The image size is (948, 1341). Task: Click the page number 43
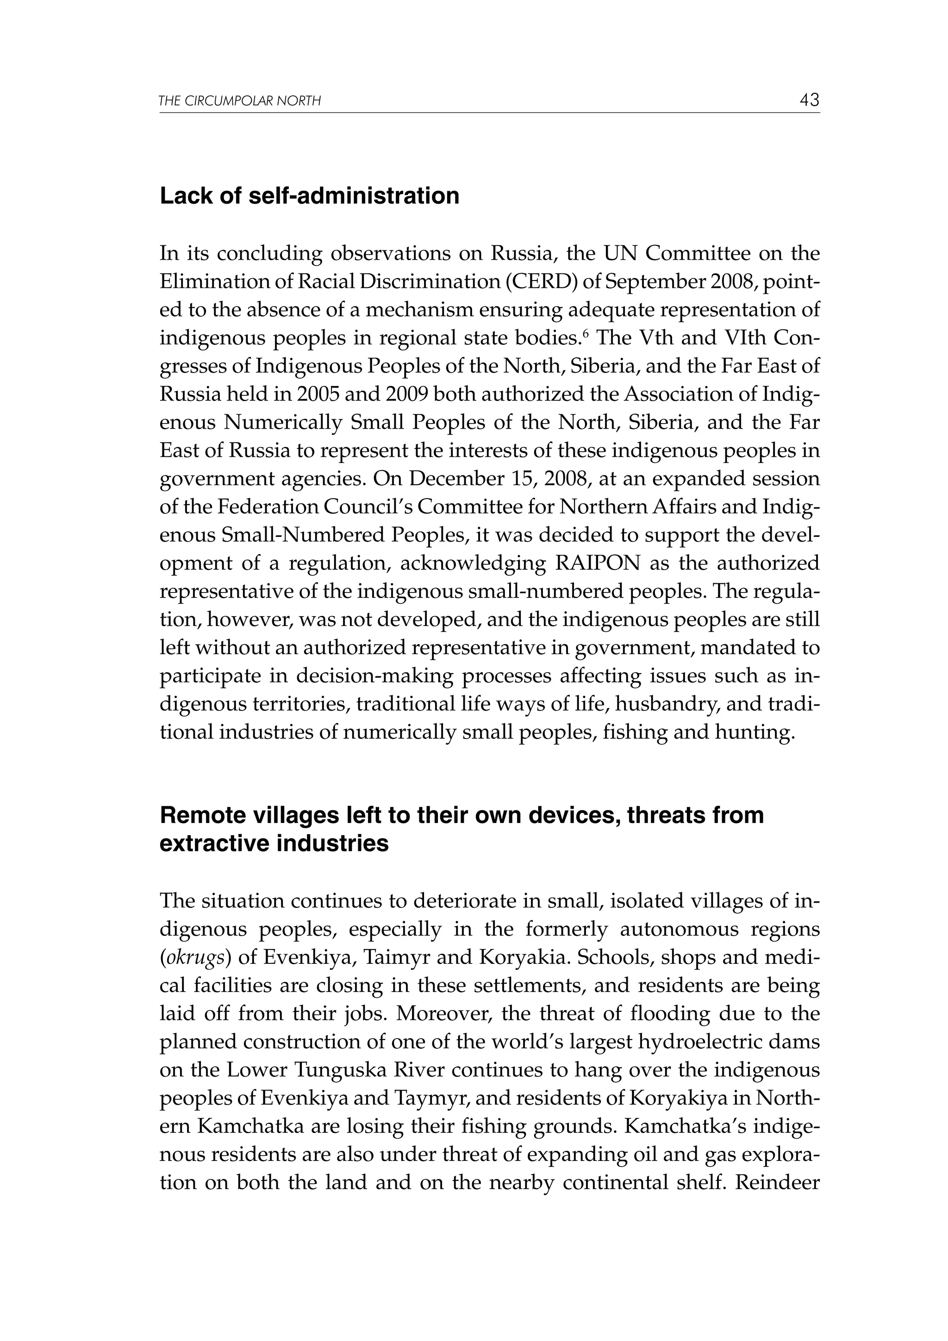(809, 100)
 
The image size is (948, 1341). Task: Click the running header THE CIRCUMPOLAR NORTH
(240, 102)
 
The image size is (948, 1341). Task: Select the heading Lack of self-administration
(309, 196)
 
